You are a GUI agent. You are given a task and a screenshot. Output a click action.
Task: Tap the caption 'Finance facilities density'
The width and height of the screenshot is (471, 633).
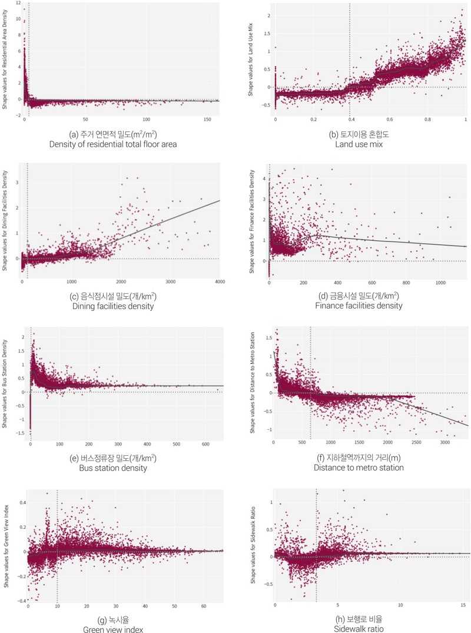(359, 306)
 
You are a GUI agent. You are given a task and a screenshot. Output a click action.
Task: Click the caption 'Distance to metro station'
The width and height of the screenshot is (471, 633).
(359, 468)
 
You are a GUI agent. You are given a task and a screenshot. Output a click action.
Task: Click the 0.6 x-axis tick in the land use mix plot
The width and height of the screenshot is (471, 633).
(389, 120)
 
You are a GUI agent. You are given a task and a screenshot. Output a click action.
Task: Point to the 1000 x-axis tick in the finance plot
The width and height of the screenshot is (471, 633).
(440, 282)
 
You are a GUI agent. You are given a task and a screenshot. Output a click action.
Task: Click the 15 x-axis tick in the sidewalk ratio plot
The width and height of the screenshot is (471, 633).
(463, 606)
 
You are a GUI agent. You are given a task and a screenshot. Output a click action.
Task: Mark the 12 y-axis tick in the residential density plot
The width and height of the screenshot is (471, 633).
(17, 2)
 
